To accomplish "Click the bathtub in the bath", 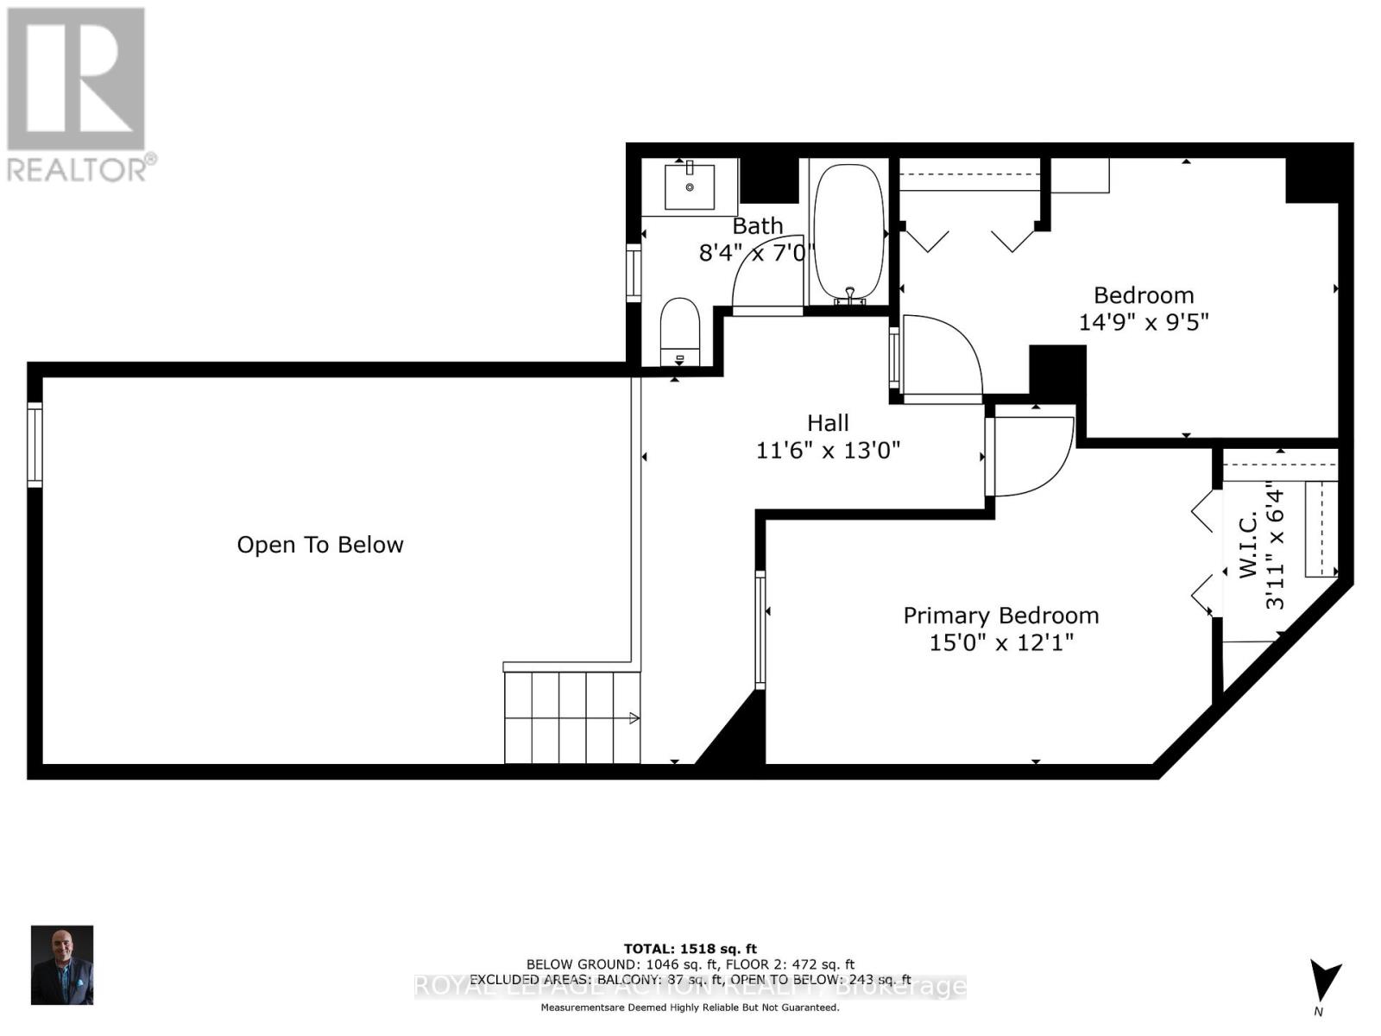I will [x=849, y=231].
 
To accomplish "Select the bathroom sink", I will [x=690, y=186].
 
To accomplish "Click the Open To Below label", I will [x=320, y=545].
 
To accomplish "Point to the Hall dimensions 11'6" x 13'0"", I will [x=828, y=450].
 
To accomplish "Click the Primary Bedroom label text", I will [x=1000, y=616].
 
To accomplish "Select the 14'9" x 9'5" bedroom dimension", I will [x=1143, y=322].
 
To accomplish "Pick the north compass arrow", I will [x=1324, y=982].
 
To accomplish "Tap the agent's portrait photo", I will [x=62, y=964].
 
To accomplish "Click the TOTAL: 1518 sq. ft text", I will [x=690, y=949].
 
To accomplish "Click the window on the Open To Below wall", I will [x=35, y=445].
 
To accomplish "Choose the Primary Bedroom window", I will [x=760, y=629].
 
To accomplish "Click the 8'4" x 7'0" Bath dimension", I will [x=757, y=253].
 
